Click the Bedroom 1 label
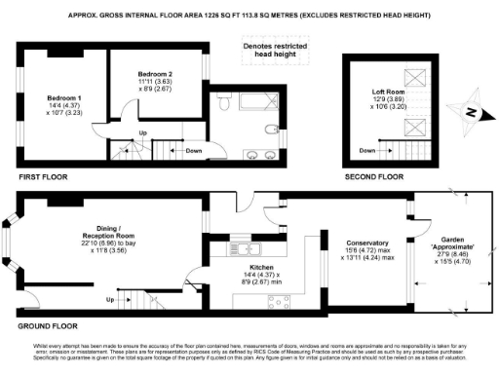coord(64,98)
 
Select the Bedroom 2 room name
coord(154,74)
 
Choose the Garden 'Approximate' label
coord(449,244)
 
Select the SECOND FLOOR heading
coord(374,177)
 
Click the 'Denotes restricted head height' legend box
coord(269,49)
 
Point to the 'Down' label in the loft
coord(367,151)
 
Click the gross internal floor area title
coord(249,15)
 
